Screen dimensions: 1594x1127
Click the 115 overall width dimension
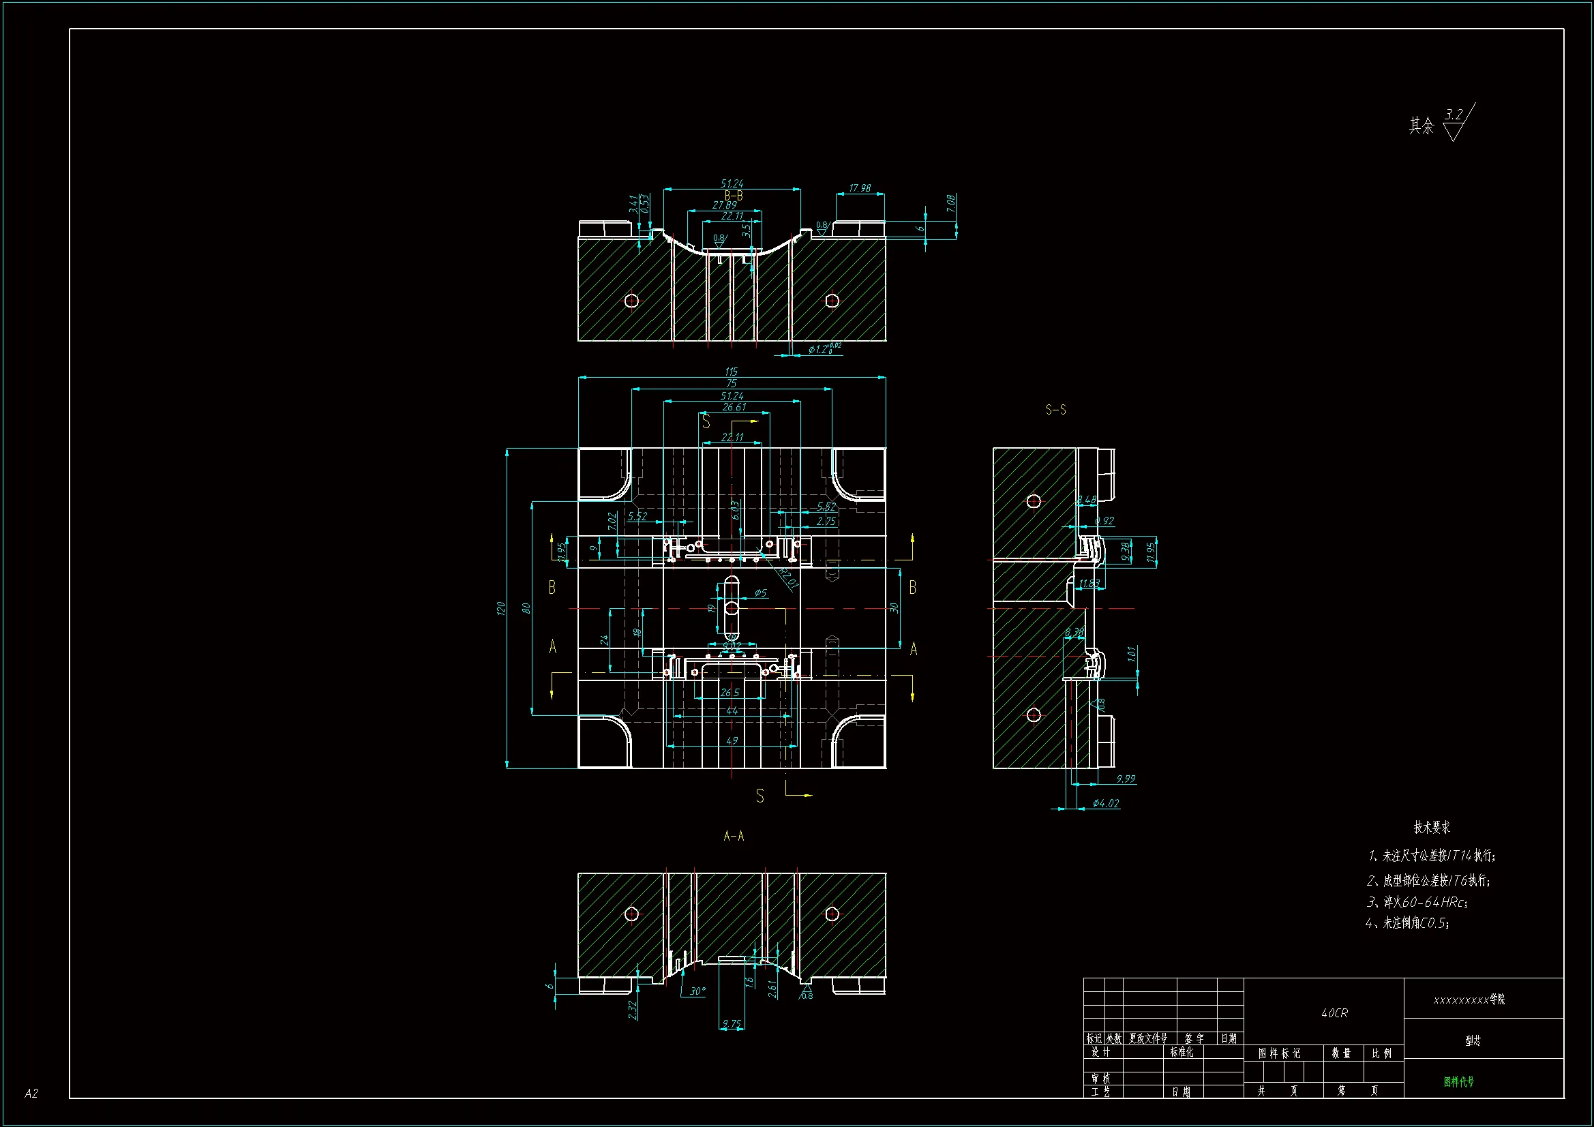click(731, 372)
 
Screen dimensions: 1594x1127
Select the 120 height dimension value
click(500, 608)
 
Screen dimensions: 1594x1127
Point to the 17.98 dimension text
click(860, 188)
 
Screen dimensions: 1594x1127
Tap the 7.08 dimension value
click(950, 203)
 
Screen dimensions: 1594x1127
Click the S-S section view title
click(1055, 410)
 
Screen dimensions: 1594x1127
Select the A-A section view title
click(733, 836)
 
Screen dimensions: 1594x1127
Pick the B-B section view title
click(734, 196)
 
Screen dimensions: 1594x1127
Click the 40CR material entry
click(1334, 1013)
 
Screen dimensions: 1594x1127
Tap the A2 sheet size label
click(31, 1093)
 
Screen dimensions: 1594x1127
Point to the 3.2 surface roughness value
click(1453, 115)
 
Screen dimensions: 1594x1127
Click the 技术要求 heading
click(1432, 827)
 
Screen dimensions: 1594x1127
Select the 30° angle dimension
click(697, 991)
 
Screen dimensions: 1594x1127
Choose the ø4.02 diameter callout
click(1105, 803)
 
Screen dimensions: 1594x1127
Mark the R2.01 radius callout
click(788, 577)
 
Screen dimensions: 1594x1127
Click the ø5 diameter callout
click(760, 592)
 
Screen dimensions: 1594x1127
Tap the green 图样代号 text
click(1458, 1081)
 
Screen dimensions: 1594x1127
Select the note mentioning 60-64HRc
click(1416, 902)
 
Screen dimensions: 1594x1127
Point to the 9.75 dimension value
click(731, 1023)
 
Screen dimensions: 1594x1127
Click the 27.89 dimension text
click(725, 205)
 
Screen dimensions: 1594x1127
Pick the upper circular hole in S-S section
click(1034, 500)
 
